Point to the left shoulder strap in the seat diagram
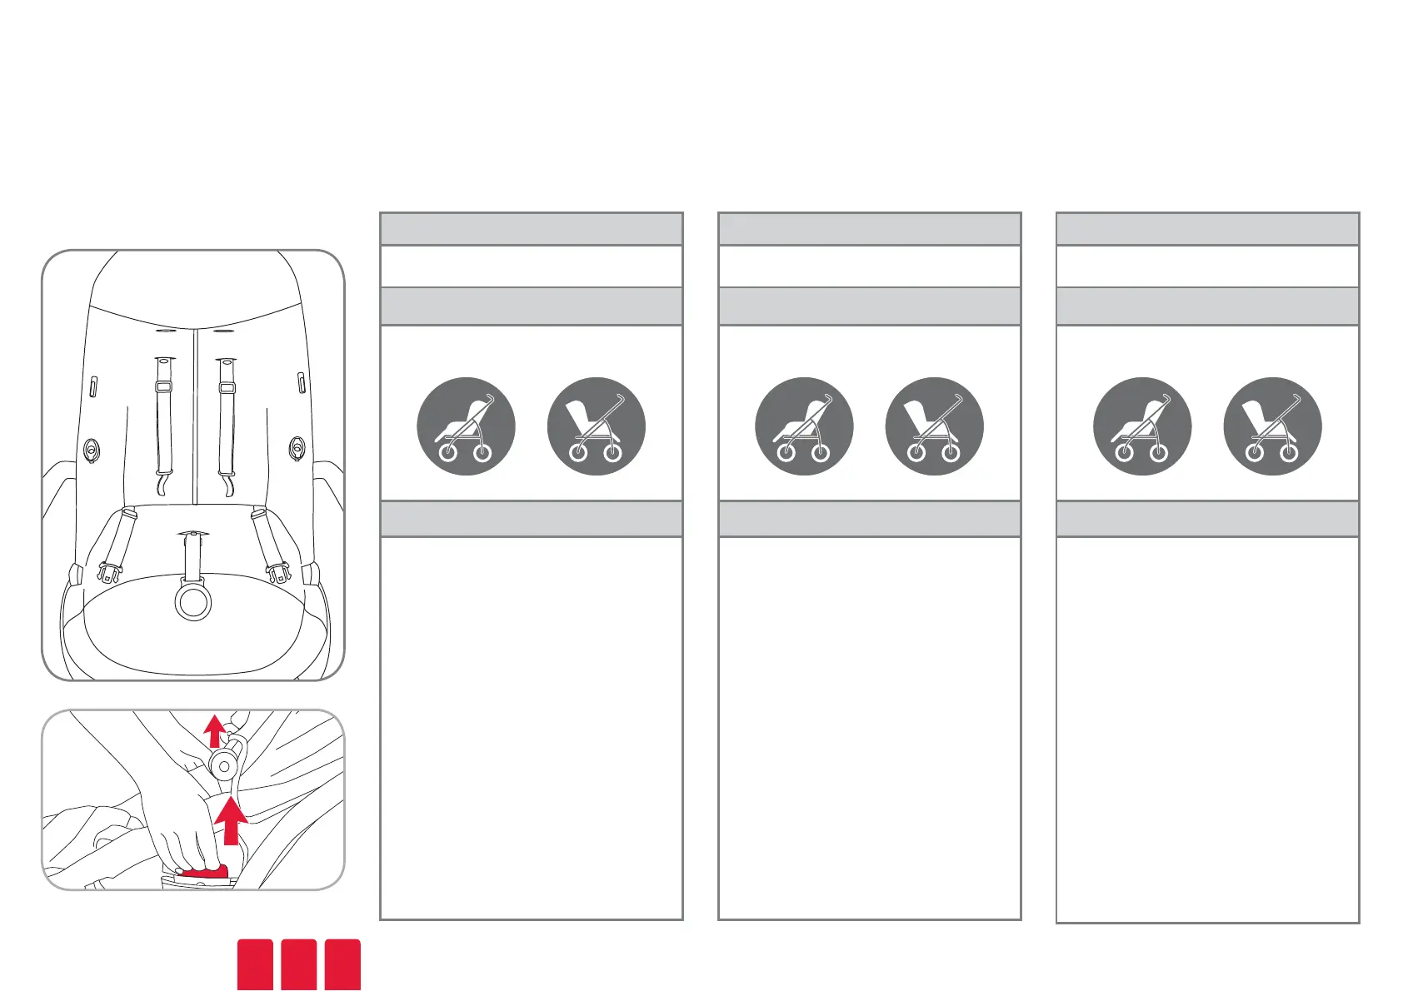pos(163,416)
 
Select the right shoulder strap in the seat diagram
pos(226,416)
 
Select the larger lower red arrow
pos(231,820)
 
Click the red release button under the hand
pos(205,871)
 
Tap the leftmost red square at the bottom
pos(255,964)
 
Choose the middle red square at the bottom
pos(299,964)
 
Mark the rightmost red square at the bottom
pos(342,964)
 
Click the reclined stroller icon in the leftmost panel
pos(466,426)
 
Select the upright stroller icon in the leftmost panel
pos(597,426)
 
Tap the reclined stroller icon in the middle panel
pos(804,426)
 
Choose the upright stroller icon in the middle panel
pos(935,426)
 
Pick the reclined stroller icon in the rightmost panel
pos(1142,426)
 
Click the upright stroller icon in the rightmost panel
pos(1272,426)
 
